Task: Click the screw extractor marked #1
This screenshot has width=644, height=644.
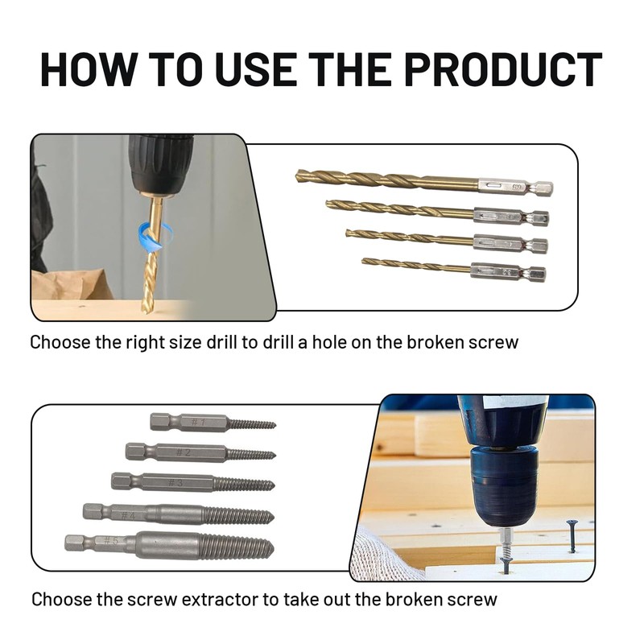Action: click(213, 422)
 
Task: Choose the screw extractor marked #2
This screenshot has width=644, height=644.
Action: click(200, 452)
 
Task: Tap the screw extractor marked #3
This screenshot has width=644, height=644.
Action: click(192, 481)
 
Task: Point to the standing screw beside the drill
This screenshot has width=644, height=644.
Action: click(572, 535)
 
